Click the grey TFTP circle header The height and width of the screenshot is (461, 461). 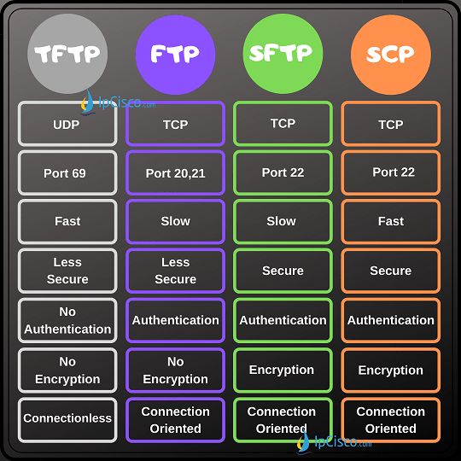click(67, 54)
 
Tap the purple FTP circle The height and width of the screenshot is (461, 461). click(176, 55)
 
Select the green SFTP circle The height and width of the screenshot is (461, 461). click(283, 54)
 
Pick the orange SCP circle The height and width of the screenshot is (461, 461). click(391, 55)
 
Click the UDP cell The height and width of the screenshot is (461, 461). click(67, 124)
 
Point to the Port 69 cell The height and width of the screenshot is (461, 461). click(67, 172)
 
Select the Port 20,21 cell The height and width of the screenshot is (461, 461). click(176, 172)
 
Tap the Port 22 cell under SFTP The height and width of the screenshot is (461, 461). click(283, 172)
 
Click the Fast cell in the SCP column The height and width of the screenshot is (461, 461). click(391, 222)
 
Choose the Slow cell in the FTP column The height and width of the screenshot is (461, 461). click(176, 222)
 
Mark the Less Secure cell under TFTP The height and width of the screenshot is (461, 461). click(67, 271)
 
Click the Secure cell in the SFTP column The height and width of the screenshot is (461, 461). click(283, 271)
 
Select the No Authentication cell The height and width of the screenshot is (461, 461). click(67, 320)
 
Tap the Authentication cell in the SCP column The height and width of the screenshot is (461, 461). click(391, 320)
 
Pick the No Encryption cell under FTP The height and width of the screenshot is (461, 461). click(176, 371)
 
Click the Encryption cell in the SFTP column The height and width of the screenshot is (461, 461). click(283, 371)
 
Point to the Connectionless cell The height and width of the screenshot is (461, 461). click(67, 420)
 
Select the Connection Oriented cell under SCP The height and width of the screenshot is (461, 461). click(391, 420)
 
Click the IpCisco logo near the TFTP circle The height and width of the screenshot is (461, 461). click(119, 102)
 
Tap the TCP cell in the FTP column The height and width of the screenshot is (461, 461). click(176, 124)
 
